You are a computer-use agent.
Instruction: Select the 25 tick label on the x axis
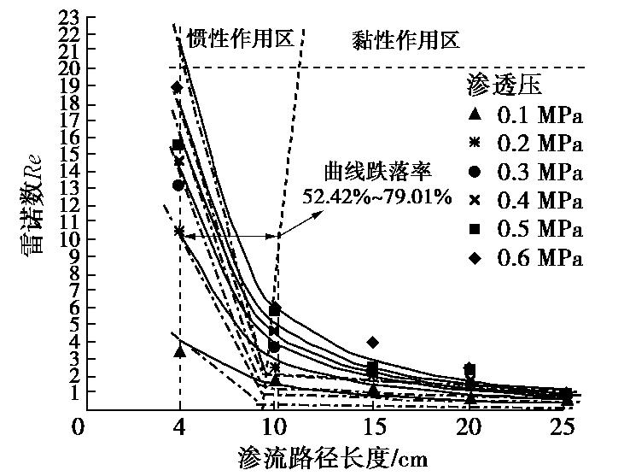tap(559, 426)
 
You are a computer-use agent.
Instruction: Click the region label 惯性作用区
tap(240, 38)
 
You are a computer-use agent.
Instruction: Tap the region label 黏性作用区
tap(406, 38)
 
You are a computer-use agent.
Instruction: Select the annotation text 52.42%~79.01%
tap(376, 197)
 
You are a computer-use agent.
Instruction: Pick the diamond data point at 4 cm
tap(178, 87)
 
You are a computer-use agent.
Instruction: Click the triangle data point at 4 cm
tap(179, 351)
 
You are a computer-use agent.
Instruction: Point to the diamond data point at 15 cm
tap(372, 342)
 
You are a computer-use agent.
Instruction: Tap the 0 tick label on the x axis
tap(78, 426)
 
